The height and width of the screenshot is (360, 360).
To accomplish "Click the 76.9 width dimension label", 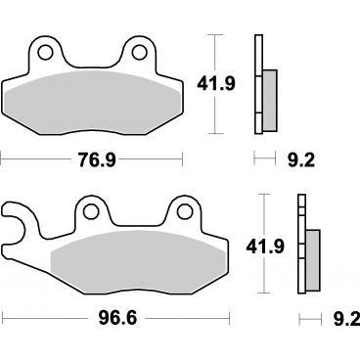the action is pyautogui.click(x=97, y=159).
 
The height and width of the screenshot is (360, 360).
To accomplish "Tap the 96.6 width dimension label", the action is pyautogui.click(x=117, y=318).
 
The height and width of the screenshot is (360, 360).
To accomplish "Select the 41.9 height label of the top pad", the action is pyautogui.click(x=216, y=84).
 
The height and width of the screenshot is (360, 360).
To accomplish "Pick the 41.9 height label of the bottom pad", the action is pyautogui.click(x=265, y=247).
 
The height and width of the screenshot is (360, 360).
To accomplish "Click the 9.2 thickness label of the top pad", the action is pyautogui.click(x=301, y=160).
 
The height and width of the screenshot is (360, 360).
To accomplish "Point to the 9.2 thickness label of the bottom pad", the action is pyautogui.click(x=346, y=319).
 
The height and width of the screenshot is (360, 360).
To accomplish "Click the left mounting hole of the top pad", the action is pyautogui.click(x=45, y=52).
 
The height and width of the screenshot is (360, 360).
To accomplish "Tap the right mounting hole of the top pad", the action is pyautogui.click(x=140, y=52).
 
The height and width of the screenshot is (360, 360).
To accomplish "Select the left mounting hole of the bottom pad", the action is pyautogui.click(x=91, y=211).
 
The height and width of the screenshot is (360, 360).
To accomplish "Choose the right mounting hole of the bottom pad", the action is pyautogui.click(x=185, y=211).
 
